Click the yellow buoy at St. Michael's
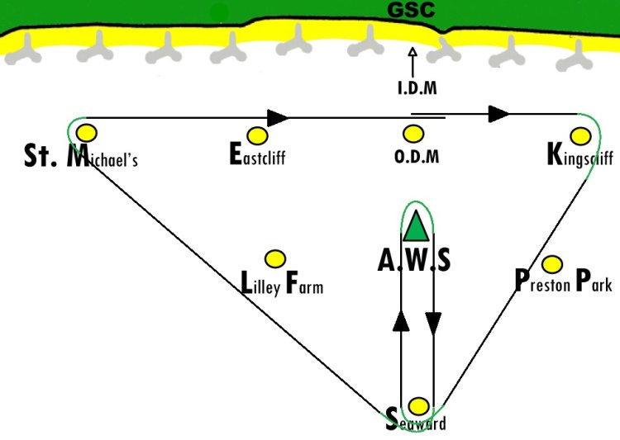[87, 133]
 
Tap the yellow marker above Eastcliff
[257, 136]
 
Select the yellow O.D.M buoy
[413, 134]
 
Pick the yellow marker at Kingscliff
[580, 136]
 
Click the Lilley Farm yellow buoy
[274, 259]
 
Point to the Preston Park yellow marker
[552, 264]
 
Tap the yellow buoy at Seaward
[418, 406]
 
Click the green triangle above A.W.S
[416, 225]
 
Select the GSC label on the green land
[411, 10]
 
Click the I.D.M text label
[417, 88]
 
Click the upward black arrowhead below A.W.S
[401, 320]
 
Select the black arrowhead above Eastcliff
[278, 118]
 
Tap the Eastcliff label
[257, 155]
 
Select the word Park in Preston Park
[594, 281]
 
